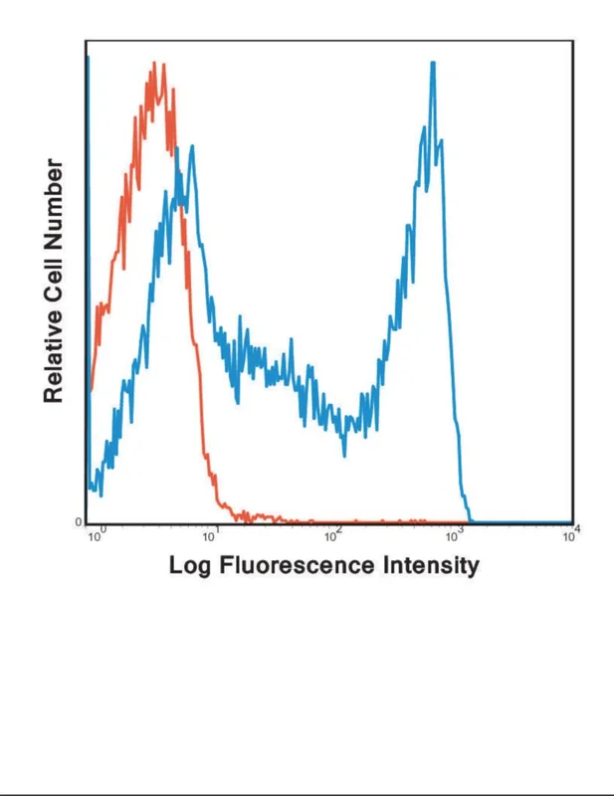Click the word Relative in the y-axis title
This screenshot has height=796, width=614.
(x=54, y=357)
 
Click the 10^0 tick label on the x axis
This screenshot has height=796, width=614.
(x=97, y=534)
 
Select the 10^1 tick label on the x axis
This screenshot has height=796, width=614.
(x=211, y=534)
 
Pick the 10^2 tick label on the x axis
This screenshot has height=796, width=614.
(x=333, y=534)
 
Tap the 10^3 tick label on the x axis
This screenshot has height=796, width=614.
(x=455, y=534)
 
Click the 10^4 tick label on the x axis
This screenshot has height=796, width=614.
(x=571, y=534)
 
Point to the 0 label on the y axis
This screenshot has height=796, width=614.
(x=79, y=521)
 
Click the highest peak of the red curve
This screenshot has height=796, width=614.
(x=154, y=63)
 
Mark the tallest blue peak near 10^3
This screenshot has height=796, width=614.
(x=433, y=63)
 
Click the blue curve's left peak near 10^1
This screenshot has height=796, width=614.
(x=192, y=146)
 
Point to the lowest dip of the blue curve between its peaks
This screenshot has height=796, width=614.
(x=345, y=456)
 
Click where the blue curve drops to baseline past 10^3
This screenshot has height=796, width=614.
(x=471, y=520)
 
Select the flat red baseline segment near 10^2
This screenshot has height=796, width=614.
(x=332, y=521)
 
